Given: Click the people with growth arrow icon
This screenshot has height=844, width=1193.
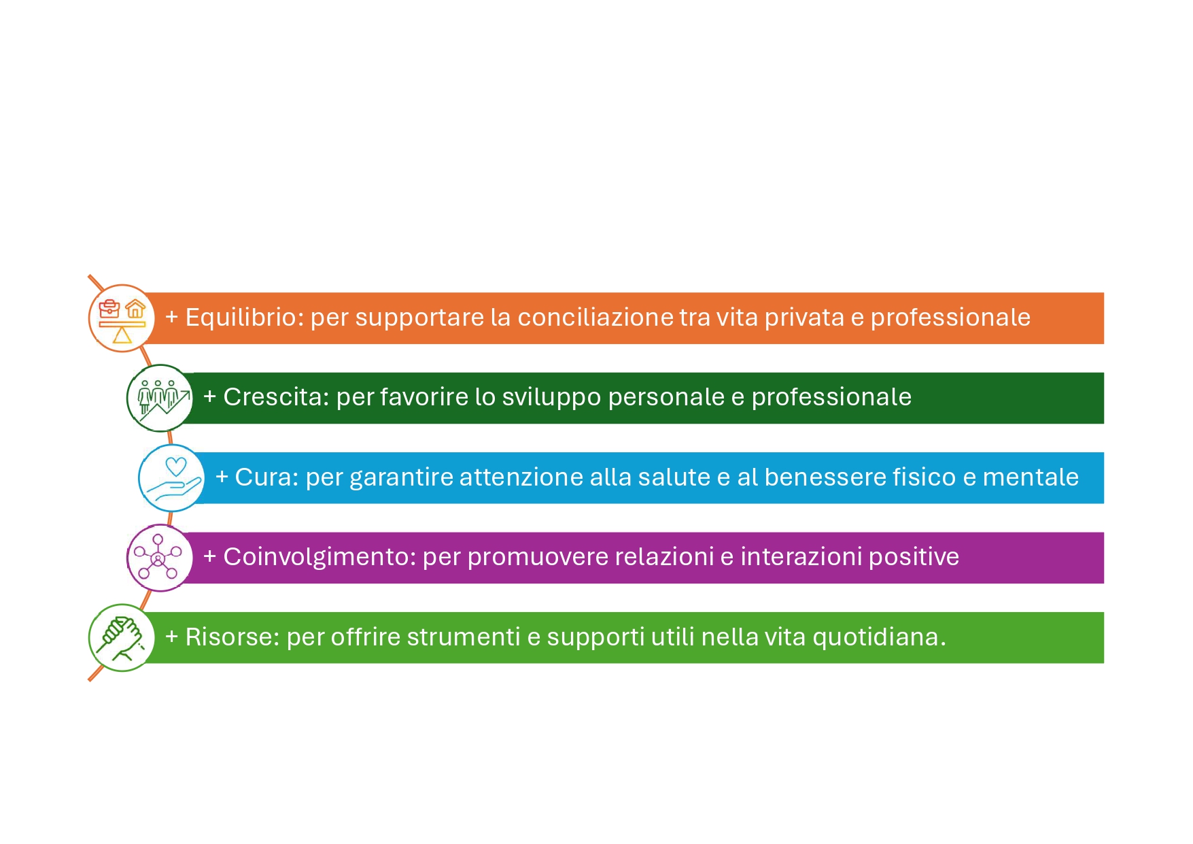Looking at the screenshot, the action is coord(160,399).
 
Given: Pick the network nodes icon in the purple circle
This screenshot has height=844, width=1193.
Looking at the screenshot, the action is coord(158,557).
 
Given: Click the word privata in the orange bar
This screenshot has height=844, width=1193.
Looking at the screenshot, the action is coord(804,318).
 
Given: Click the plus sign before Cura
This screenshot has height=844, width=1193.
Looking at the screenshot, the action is coord(222,477).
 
